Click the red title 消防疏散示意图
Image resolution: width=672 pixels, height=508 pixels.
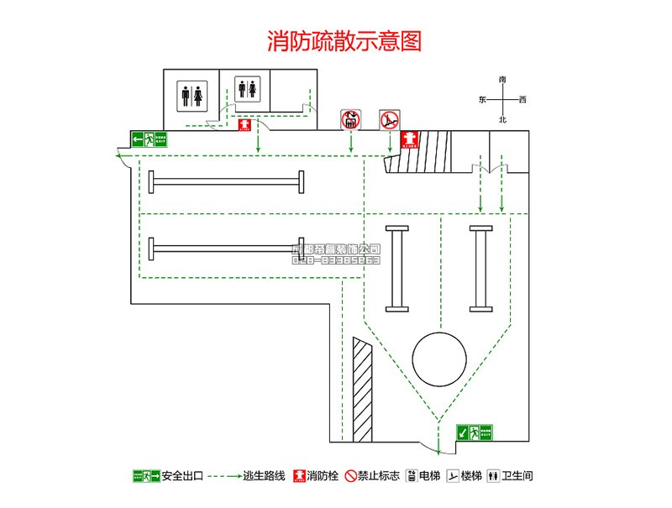point(344,40)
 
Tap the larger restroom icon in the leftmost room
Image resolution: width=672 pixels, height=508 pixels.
point(192,95)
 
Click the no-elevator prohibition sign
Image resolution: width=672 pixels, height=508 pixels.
point(351,120)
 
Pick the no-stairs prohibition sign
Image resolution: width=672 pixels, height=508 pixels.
point(389,120)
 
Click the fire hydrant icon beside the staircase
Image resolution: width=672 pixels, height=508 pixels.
point(409,138)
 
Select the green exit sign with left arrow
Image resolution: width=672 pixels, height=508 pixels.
point(150,139)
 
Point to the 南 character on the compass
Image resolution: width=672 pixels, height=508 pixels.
point(502,79)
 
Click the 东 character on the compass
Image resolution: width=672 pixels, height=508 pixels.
point(482,100)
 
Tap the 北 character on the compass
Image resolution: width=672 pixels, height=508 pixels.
point(502,120)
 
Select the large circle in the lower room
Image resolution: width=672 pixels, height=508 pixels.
point(438,358)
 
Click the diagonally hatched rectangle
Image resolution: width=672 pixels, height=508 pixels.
point(362,390)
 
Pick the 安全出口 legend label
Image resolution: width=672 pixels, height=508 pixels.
point(182,476)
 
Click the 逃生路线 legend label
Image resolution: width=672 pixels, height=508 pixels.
point(265,476)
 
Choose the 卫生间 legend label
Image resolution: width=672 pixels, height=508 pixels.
point(518,476)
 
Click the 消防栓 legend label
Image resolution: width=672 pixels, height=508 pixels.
point(323,476)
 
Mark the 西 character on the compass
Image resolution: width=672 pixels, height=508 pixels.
point(522,100)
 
